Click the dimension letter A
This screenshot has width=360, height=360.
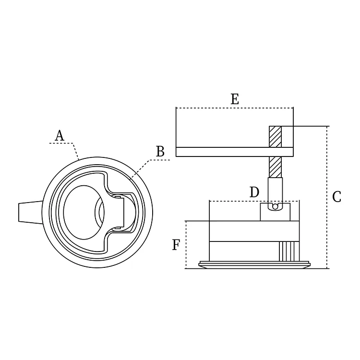(60, 135)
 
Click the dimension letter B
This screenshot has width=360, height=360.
(160, 152)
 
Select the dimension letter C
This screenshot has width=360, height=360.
(336, 197)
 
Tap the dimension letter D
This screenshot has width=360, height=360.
(254, 192)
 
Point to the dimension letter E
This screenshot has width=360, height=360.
(235, 99)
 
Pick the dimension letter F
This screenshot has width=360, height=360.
(176, 245)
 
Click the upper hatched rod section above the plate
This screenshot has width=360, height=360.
(276, 137)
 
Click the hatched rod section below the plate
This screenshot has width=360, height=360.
(276, 167)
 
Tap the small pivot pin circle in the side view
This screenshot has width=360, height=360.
(275, 207)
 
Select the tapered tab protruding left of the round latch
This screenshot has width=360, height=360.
(31, 212)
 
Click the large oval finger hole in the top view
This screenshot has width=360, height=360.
(84, 212)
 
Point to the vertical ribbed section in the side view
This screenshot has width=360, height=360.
(289, 251)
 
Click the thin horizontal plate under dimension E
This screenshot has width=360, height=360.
(235, 152)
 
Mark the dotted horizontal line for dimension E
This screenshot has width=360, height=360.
(235, 108)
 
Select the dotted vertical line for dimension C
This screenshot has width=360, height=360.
(327, 197)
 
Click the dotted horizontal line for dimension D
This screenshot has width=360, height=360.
(254, 201)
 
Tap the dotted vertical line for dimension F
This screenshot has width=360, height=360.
(186, 245)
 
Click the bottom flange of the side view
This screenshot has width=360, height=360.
(255, 264)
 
